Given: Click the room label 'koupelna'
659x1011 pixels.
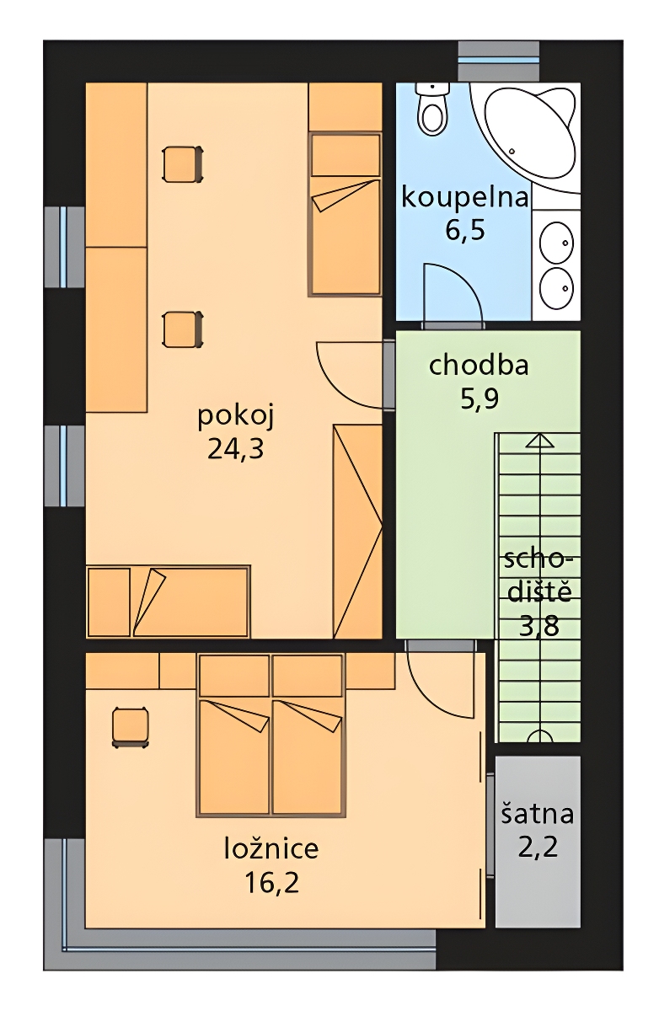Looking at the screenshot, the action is pos(464,198).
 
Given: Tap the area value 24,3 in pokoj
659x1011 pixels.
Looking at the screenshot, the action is pos(235,448).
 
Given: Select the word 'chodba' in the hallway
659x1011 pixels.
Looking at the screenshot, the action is pos(479,365).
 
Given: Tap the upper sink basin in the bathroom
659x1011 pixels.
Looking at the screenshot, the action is pos(557,242).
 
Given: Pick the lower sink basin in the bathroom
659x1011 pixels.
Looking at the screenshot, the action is pos(557,287).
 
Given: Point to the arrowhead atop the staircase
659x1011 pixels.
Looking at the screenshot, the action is pos(540,441).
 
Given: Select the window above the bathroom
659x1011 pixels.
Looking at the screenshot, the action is pos(498,60).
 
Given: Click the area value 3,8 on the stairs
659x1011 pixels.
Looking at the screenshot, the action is pos(539,627).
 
